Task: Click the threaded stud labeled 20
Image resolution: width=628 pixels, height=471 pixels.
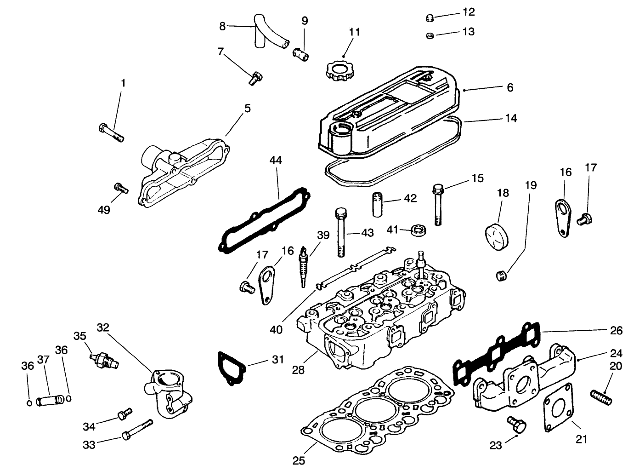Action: click(x=601, y=396)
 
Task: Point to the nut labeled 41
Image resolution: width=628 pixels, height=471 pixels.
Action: click(x=418, y=229)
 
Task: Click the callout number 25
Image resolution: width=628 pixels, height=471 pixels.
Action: click(x=299, y=460)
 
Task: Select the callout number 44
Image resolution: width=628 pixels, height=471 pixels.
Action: click(x=276, y=161)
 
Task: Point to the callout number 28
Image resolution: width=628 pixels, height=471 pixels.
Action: click(x=298, y=369)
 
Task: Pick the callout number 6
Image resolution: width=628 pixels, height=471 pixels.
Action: click(x=510, y=87)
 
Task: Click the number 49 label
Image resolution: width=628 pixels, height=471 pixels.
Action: click(x=104, y=210)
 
